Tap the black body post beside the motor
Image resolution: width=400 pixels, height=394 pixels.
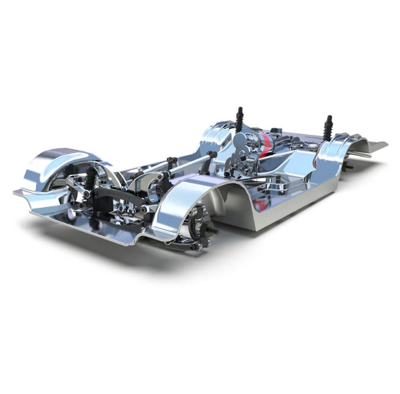tap(240, 120)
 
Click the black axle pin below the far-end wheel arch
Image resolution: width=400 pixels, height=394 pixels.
tap(348, 167)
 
